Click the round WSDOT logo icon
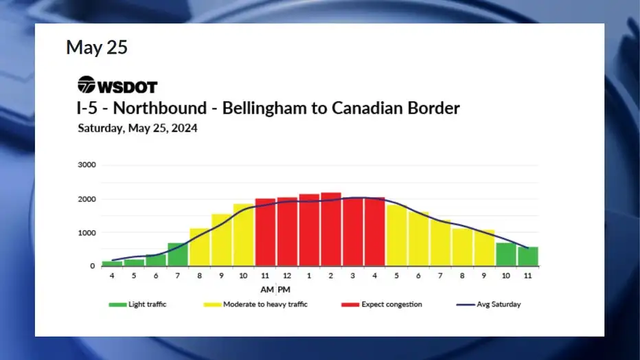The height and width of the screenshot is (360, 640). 86,85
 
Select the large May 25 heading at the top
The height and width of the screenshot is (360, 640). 97,47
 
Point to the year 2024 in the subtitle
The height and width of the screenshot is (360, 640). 185,128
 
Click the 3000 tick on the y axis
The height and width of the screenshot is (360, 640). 87,165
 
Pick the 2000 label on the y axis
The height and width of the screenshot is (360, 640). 87,199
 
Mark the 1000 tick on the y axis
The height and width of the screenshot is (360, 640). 87,233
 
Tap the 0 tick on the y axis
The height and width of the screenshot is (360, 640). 93,266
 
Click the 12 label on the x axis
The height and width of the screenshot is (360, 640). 287,276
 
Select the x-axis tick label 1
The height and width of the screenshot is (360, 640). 309,276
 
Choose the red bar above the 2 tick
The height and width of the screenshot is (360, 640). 331,229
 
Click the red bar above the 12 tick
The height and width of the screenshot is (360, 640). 287,232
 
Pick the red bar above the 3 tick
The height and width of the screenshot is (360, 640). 353,232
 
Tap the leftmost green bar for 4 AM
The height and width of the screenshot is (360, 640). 112,264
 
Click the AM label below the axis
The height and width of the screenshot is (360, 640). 267,290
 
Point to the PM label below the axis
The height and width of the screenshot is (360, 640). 284,290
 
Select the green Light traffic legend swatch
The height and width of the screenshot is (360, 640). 117,304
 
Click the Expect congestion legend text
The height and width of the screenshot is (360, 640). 392,304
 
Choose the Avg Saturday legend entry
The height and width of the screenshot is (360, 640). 488,304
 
